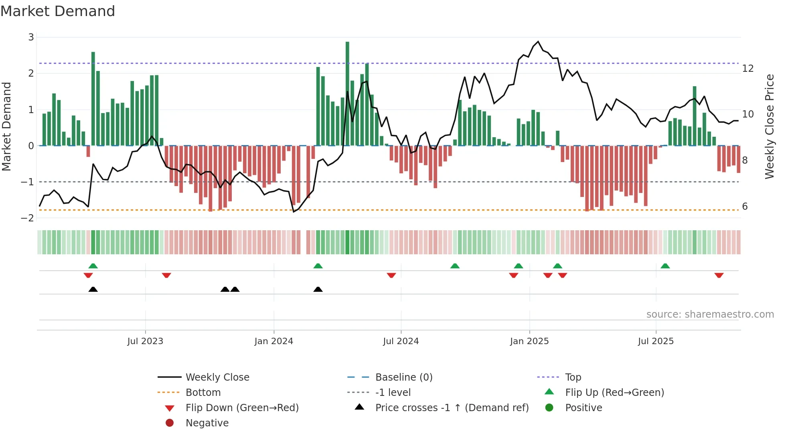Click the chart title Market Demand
58,11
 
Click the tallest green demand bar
347,93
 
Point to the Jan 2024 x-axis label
273,341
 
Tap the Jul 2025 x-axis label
656,341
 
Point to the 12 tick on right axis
748,69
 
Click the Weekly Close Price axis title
769,126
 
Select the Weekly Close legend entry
217,377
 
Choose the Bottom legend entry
203,393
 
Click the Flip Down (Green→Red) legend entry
242,408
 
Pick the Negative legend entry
207,423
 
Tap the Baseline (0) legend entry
403,377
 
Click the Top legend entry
573,377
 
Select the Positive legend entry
583,408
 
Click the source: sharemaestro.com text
710,314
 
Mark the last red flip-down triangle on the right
719,275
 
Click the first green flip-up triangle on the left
93,266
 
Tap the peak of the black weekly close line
538,42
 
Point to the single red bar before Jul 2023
88,151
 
